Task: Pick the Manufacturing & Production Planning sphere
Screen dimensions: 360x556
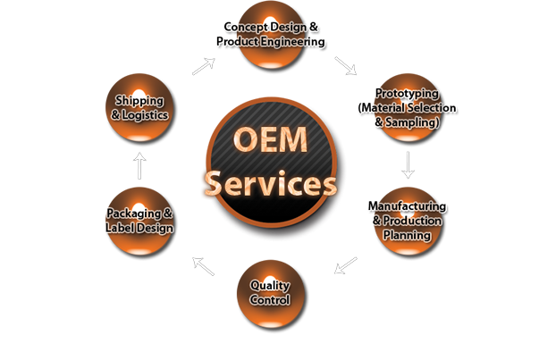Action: point(407,219)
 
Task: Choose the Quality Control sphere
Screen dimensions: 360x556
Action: point(270,290)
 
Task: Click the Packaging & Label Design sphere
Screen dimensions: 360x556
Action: point(139,219)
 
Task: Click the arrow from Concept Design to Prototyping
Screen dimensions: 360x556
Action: point(345,65)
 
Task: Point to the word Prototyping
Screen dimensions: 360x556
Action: point(407,93)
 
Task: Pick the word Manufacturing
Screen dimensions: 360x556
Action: point(408,206)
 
